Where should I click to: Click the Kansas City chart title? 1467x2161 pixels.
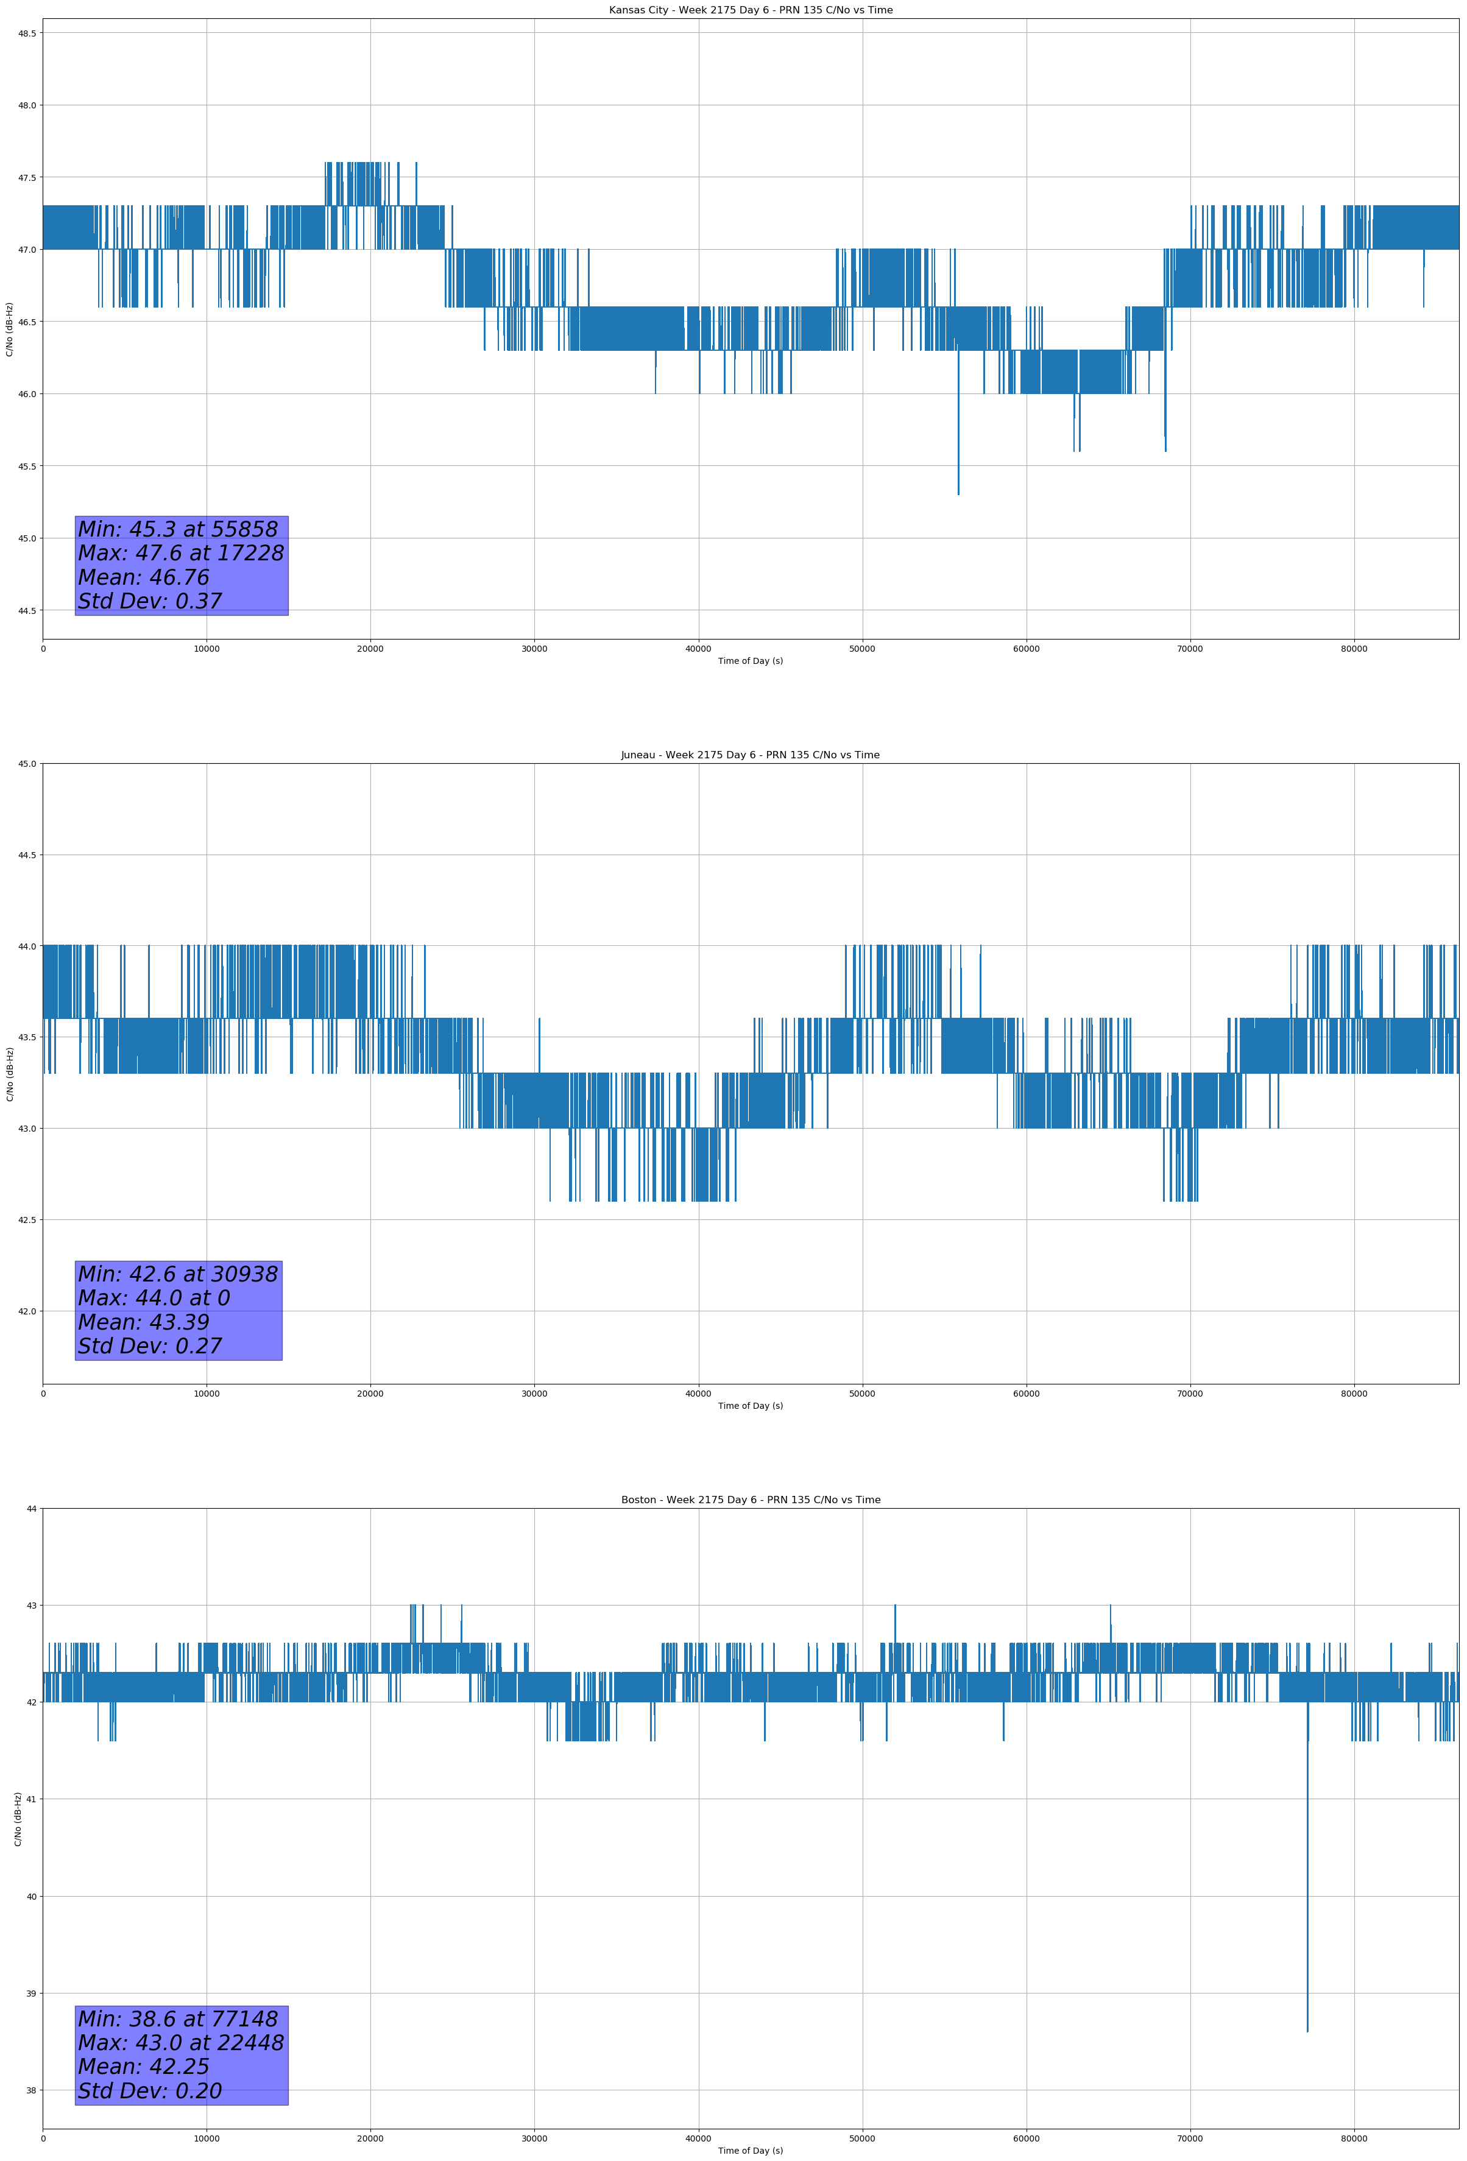tap(750, 10)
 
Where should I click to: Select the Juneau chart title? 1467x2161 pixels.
tap(750, 755)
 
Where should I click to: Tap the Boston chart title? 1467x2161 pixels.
tap(750, 1500)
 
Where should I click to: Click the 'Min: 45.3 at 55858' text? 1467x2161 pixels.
tap(178, 529)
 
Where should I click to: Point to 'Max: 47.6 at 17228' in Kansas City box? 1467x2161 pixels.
tap(180, 553)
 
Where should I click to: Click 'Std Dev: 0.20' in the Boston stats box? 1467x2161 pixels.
tap(150, 2091)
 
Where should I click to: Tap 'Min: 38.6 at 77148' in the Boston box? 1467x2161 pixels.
tap(178, 2018)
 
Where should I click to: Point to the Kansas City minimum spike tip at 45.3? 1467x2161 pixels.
tap(958, 494)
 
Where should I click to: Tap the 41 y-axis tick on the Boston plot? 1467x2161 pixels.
tap(32, 1799)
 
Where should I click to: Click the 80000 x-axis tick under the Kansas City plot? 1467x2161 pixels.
tap(1354, 649)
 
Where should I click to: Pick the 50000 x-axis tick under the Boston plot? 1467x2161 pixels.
tap(862, 2138)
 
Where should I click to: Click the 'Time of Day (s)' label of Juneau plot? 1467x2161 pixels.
tap(750, 1406)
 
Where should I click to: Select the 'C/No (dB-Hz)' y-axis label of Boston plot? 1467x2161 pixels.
tap(18, 1819)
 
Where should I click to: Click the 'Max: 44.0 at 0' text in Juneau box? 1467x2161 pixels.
tap(154, 1298)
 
